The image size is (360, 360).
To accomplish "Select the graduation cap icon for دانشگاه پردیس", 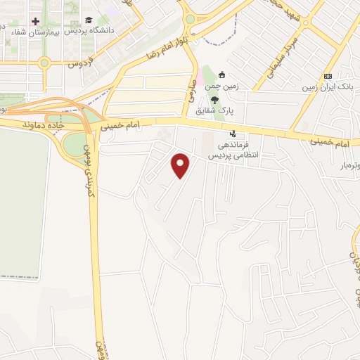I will click(89, 20).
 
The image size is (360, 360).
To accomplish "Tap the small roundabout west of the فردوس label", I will click(44, 62).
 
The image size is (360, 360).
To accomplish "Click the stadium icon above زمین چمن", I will click(223, 75).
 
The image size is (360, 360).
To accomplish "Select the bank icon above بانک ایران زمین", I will click(328, 76).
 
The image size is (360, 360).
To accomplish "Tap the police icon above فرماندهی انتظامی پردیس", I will click(233, 134).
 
